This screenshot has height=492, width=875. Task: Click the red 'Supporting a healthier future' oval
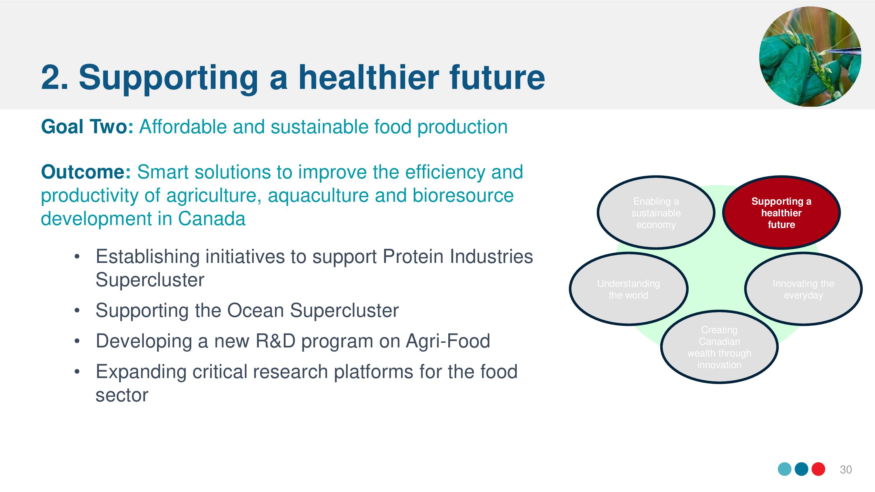pos(781,212)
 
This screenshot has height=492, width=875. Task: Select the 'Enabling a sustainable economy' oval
pos(656,212)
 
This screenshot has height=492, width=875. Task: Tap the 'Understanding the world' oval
pos(629,289)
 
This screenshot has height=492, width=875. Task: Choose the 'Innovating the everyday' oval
pos(803,289)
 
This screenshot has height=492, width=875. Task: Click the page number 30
pos(846,470)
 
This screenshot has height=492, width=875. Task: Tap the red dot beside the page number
pos(818,469)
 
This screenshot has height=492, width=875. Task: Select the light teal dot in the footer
pos(785,469)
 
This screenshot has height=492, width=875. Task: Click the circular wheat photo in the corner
pos(810,56)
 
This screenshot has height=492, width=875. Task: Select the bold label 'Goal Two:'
pos(87,127)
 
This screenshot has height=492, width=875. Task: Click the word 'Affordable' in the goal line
pos(183,127)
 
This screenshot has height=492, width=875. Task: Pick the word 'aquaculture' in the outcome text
pos(318,196)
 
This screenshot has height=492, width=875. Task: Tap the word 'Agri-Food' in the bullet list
pos(448,341)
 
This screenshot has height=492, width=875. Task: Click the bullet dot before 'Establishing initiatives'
pos(77,257)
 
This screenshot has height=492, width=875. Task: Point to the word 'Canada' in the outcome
pos(211,219)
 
